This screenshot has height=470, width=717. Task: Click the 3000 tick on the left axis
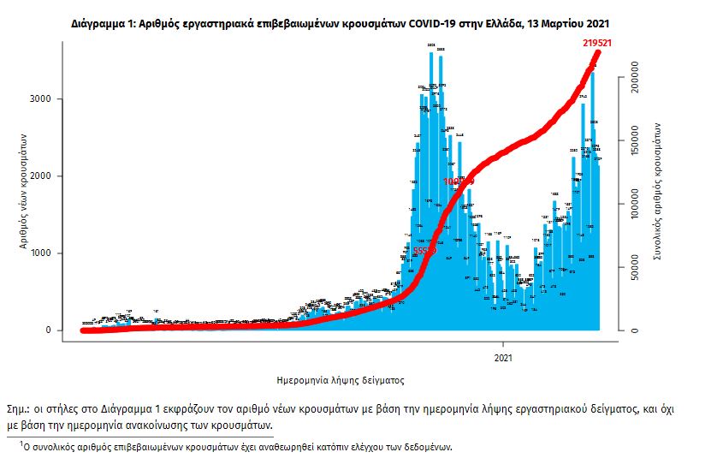[x=53, y=99]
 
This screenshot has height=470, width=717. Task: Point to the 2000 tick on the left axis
[x=53, y=176]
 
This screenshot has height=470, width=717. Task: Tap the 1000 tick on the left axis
[x=53, y=253]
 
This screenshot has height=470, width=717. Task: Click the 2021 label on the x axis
[x=503, y=357]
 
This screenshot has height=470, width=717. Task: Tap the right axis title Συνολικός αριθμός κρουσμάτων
[x=659, y=190]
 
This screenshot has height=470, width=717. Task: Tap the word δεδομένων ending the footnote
[x=424, y=447]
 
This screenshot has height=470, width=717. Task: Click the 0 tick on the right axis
[x=636, y=330]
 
